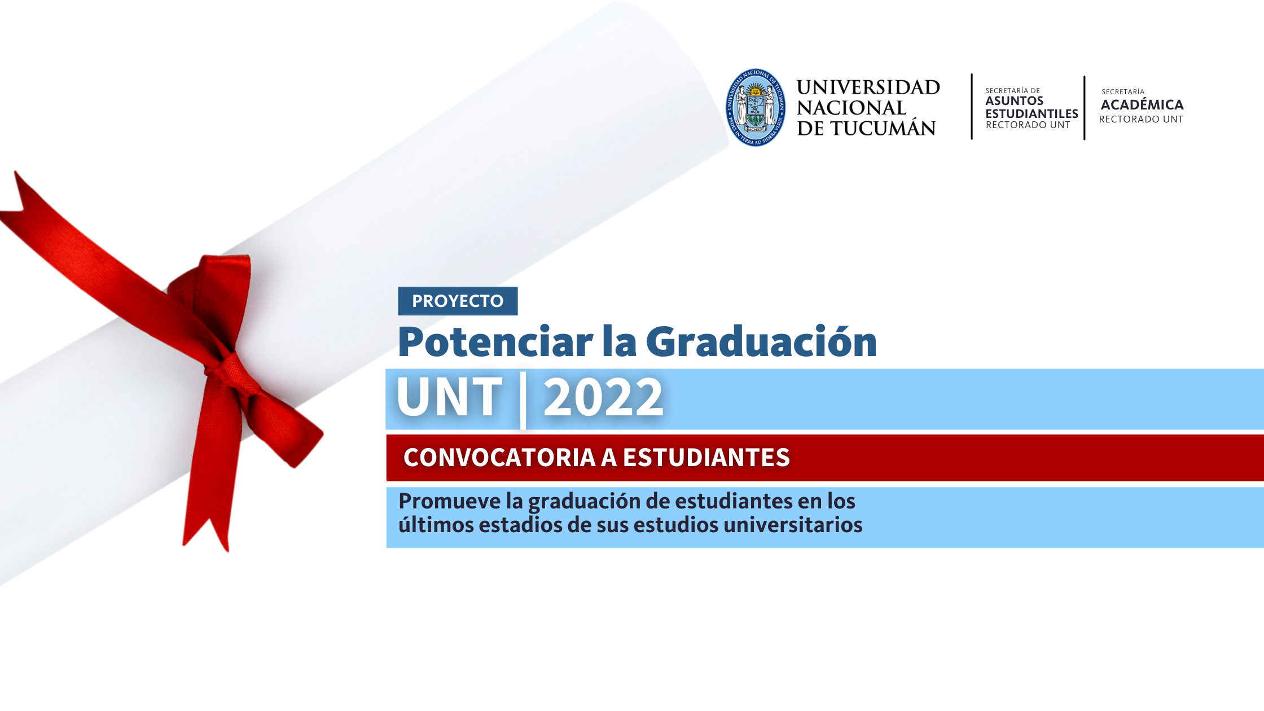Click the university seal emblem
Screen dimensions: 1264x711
tap(756, 107)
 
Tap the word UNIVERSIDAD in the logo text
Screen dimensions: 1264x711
tap(868, 87)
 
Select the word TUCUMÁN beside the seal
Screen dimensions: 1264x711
tap(883, 128)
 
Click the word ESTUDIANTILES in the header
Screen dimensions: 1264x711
tap(1032, 113)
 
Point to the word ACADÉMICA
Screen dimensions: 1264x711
tap(1142, 104)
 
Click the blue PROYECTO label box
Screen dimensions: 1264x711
tap(458, 301)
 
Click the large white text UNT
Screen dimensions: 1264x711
tap(449, 397)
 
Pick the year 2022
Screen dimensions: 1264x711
tap(603, 397)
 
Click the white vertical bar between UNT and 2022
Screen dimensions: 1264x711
tap(523, 400)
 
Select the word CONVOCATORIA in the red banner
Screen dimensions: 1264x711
tap(499, 458)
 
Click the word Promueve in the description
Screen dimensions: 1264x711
tap(450, 501)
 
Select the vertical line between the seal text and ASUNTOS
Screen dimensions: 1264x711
tap(972, 106)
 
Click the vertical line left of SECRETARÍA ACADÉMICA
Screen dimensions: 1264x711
tap(1085, 107)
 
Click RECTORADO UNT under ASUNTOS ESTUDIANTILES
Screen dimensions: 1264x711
tap(1028, 125)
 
